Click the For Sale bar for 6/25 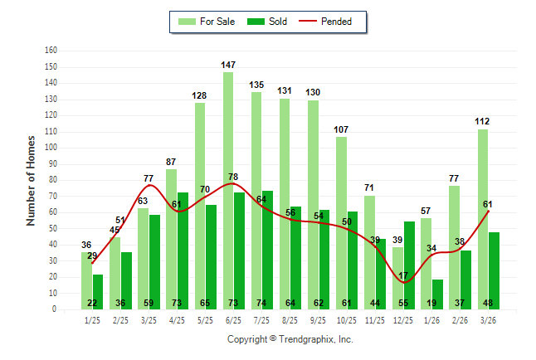227,191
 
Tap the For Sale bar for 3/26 482,219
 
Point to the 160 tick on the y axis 51,51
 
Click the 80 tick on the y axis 53,180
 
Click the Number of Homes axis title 32,180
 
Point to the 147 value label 228,65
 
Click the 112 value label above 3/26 483,121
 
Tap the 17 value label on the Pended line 404,275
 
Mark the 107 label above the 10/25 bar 341,129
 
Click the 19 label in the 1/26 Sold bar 437,304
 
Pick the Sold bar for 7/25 267,250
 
